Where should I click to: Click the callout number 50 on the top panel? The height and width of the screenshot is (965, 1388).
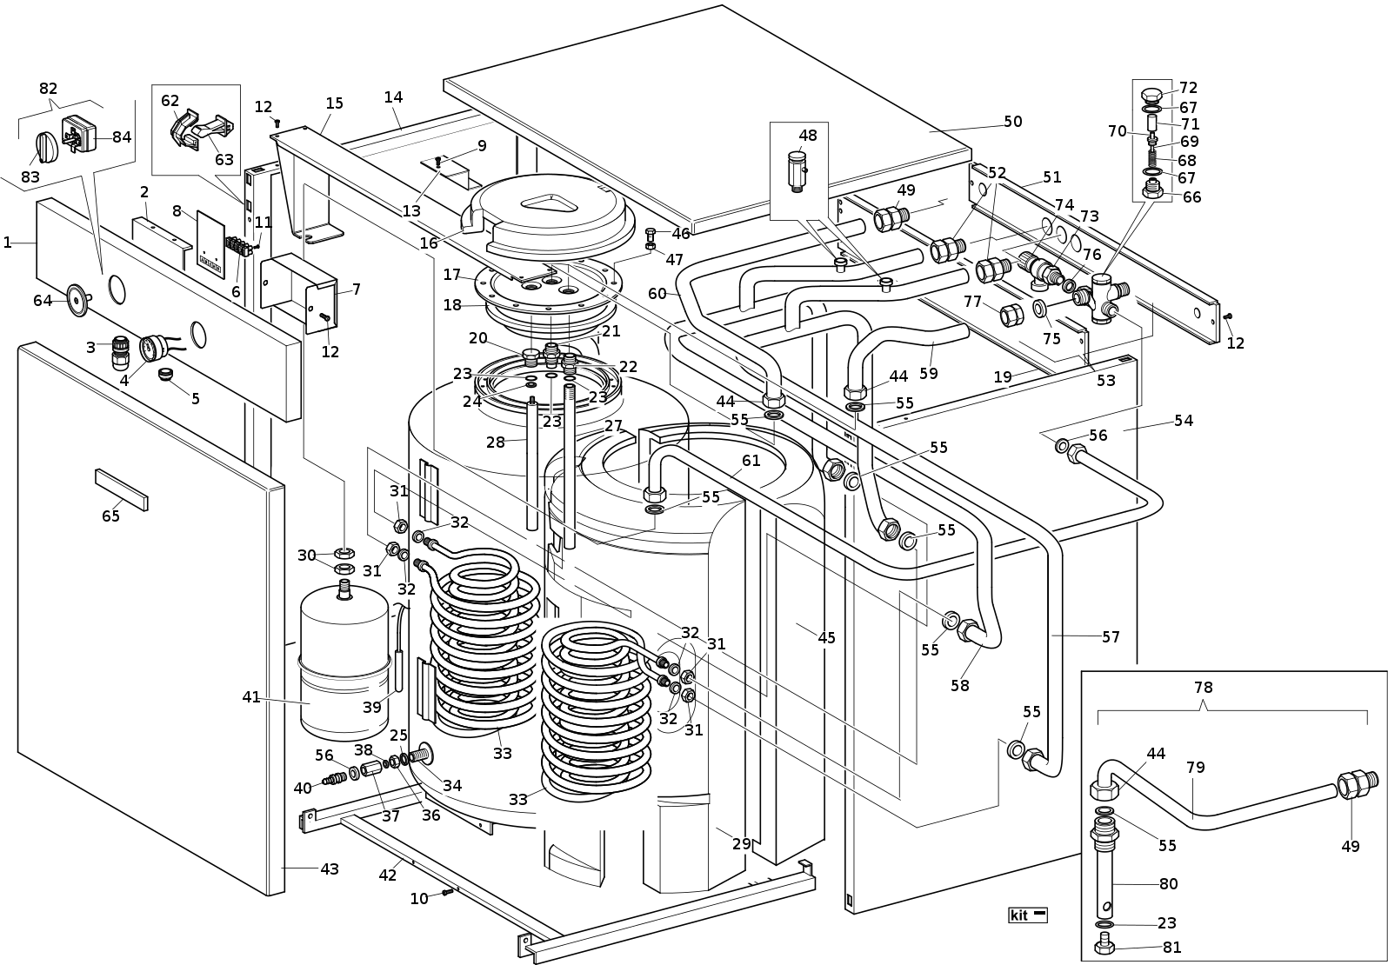pos(1013,122)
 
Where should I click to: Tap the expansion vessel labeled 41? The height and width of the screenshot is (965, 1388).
pos(344,661)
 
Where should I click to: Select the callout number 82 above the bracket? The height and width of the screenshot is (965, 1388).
pos(48,89)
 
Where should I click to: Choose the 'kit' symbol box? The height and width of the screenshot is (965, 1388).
pos(1027,915)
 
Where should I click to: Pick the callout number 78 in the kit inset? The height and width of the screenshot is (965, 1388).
pos(1203,688)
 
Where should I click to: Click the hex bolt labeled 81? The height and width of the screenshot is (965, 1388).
pos(1105,943)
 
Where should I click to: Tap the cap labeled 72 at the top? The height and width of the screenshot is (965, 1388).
pos(1151,93)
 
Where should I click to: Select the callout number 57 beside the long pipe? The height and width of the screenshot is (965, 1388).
pos(1111,637)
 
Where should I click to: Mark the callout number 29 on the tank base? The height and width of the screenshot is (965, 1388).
pos(741,844)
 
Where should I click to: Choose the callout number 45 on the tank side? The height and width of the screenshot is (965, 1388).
pos(826,638)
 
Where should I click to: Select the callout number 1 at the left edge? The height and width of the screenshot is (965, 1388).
pos(8,243)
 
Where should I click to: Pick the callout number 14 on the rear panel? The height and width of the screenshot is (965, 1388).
pos(394,97)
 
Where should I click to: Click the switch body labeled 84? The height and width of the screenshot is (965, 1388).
pos(79,132)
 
